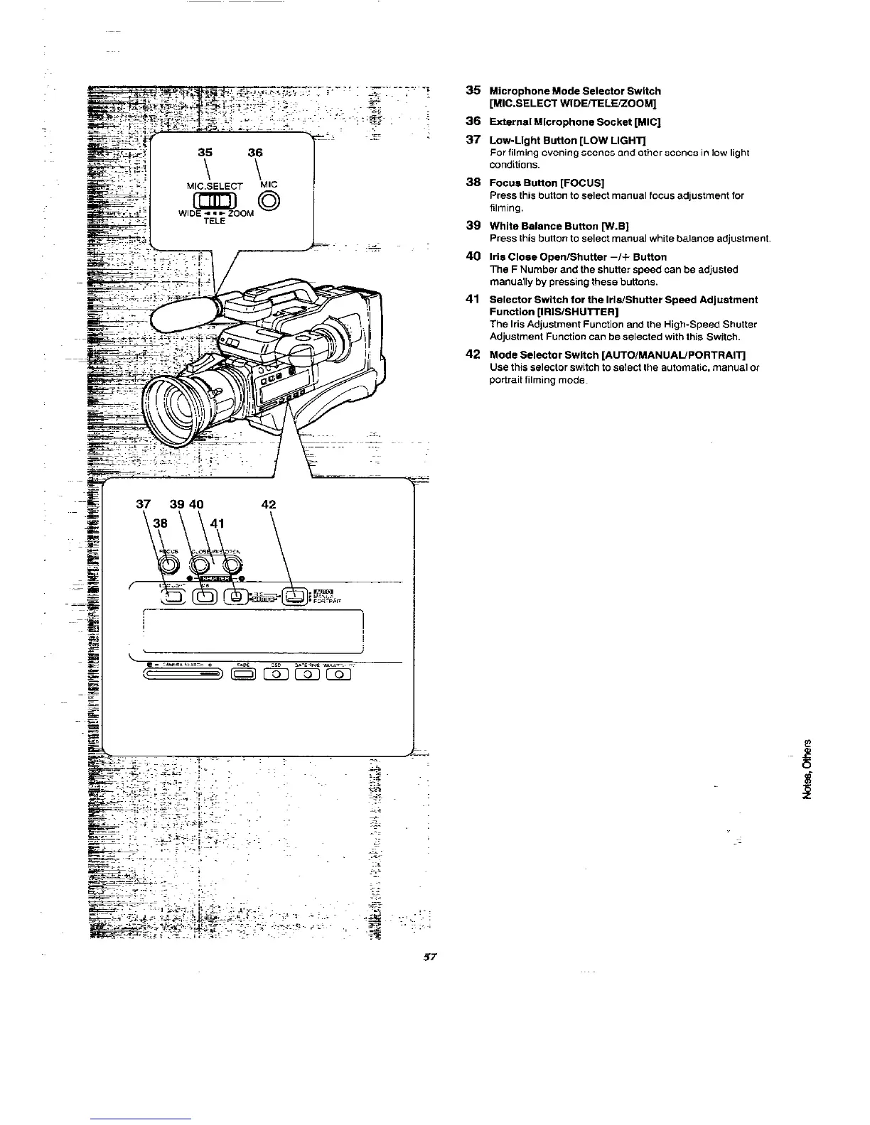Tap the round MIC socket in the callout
click(269, 200)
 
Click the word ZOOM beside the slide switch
click(241, 214)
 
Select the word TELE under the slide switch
click(214, 222)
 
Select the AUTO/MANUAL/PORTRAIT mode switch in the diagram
click(295, 596)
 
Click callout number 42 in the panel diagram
click(269, 505)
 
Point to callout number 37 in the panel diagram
click(144, 504)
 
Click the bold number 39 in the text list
click(473, 225)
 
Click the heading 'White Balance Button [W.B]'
click(561, 226)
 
